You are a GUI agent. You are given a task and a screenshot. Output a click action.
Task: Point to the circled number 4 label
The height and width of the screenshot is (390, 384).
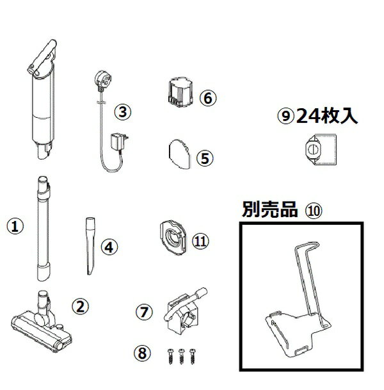(x=110, y=245)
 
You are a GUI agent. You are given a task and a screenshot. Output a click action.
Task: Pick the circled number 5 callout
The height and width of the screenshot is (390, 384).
(x=206, y=158)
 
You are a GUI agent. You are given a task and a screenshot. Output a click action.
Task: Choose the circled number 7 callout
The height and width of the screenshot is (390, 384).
(x=145, y=312)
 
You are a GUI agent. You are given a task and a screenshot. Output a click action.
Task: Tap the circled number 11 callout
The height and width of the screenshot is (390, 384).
(x=201, y=241)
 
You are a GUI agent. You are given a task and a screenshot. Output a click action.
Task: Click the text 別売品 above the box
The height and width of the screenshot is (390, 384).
(x=262, y=209)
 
